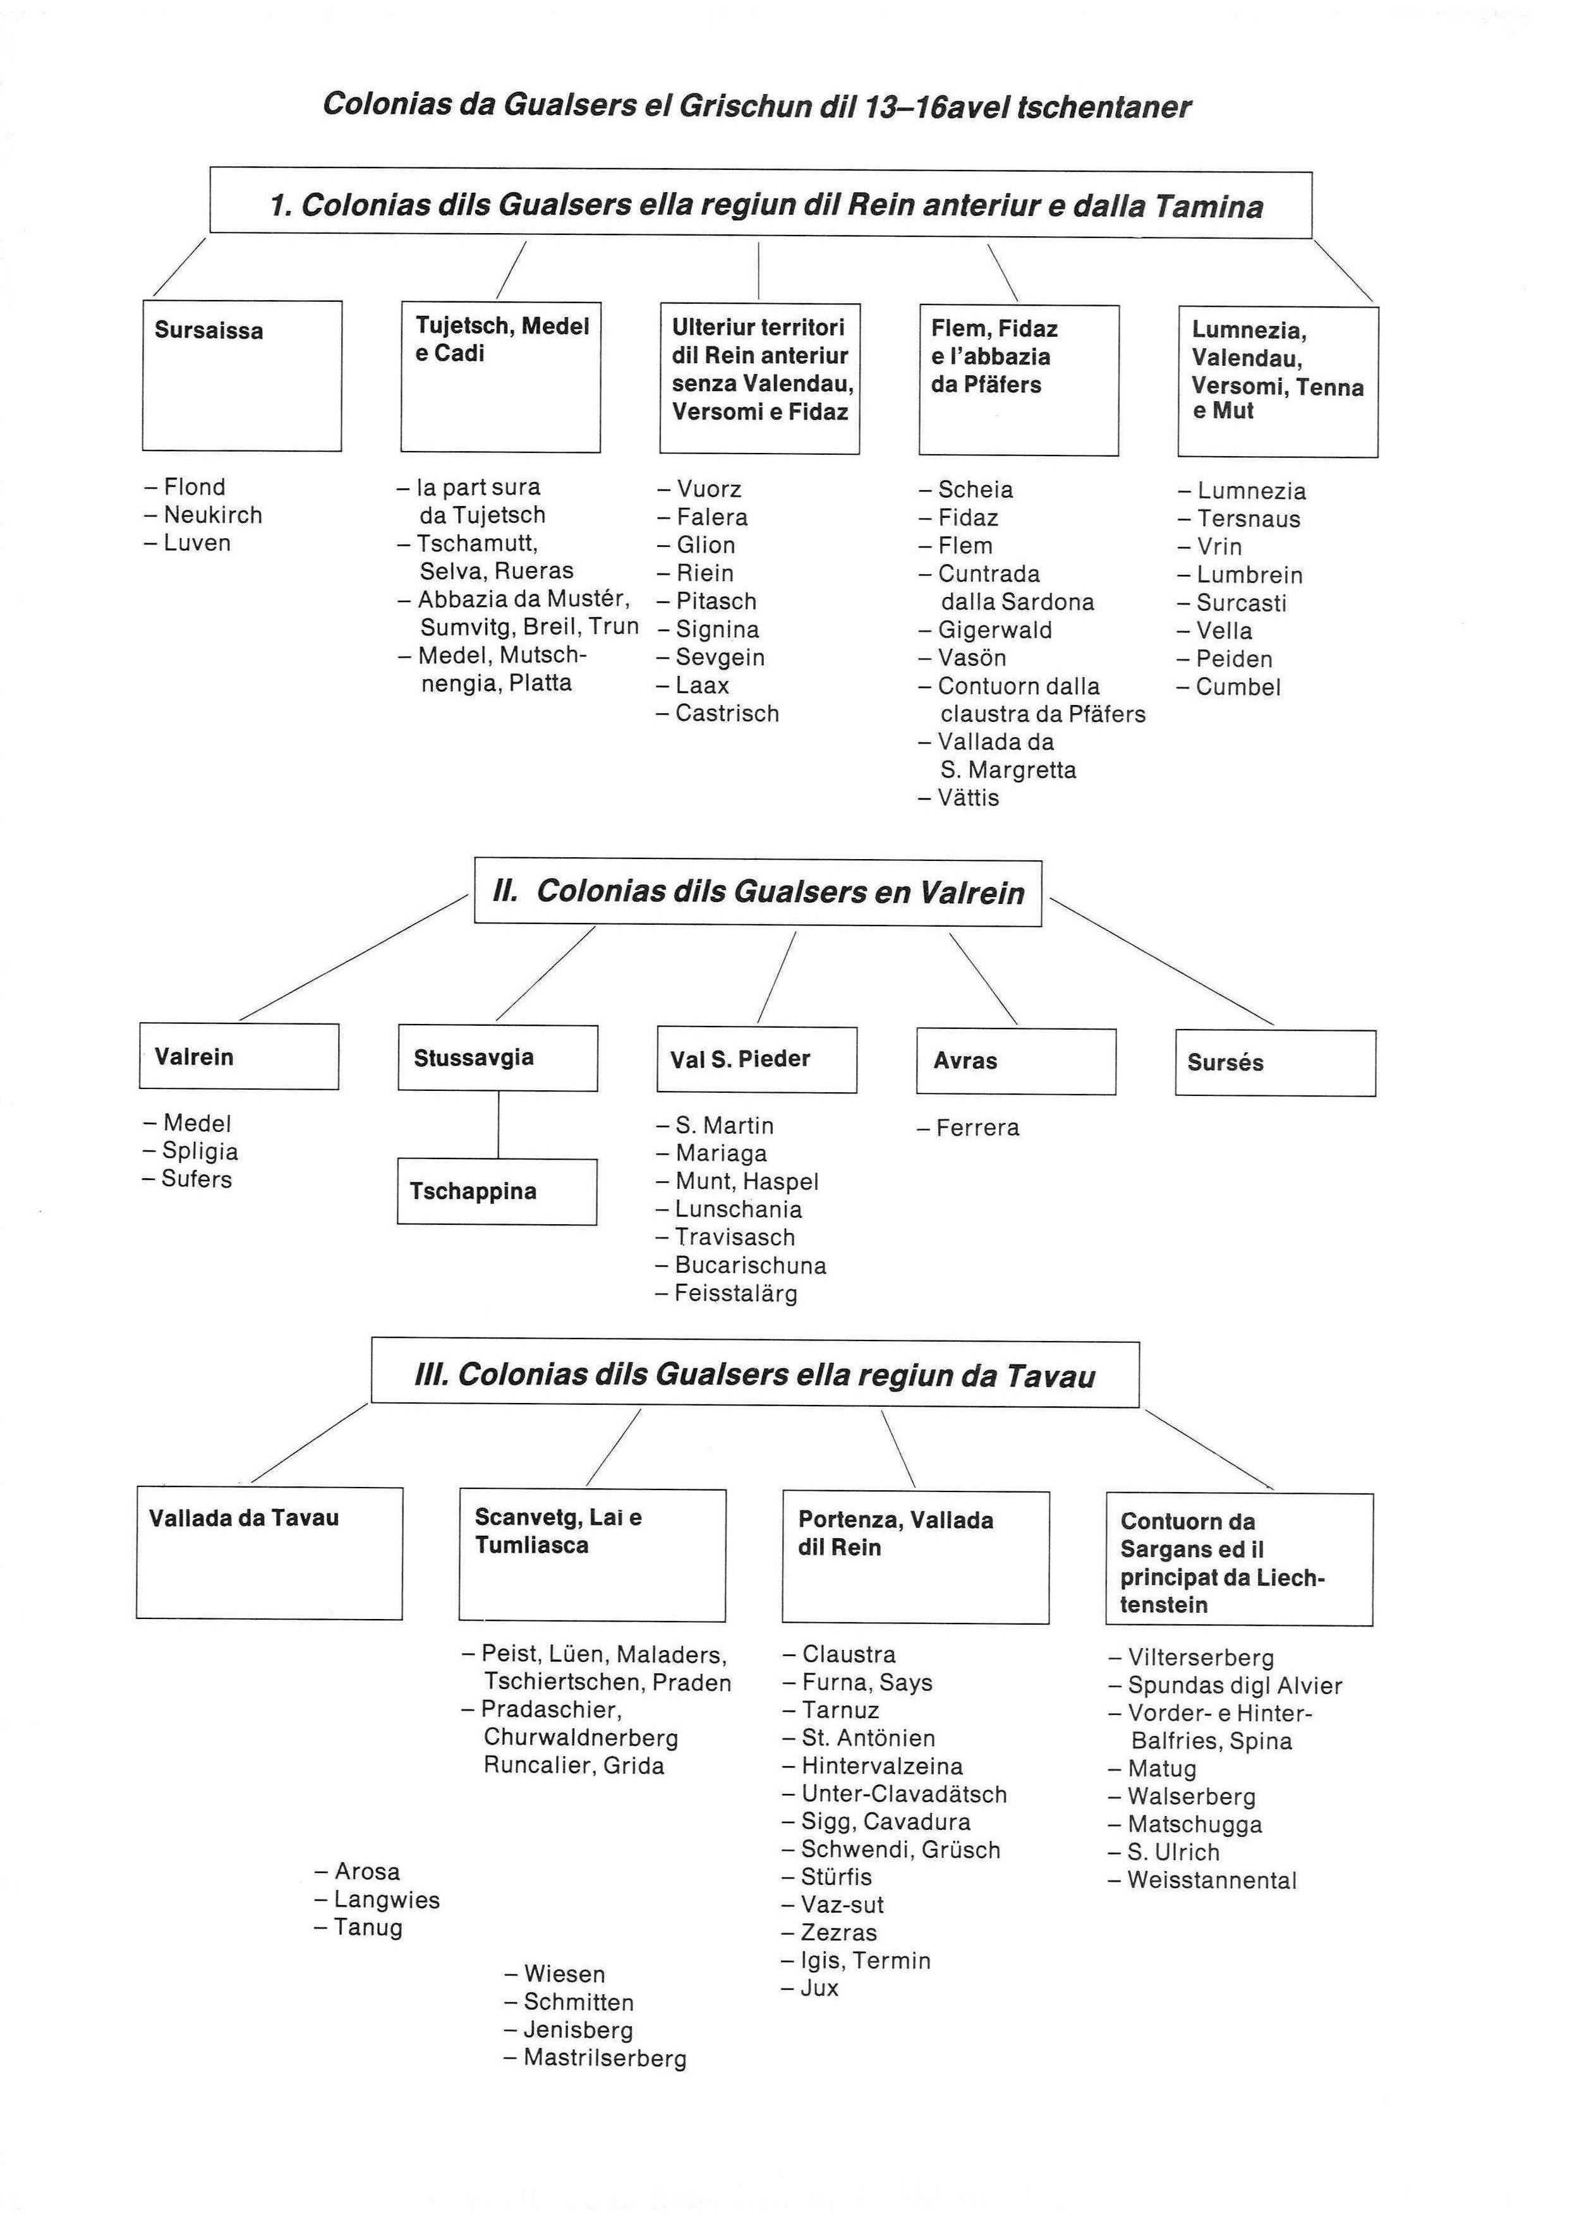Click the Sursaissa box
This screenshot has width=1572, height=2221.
pos(242,375)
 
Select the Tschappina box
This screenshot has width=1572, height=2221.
pos(497,1191)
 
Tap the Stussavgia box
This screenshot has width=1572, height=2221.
pos(497,1058)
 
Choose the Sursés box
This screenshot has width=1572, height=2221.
pos(1275,1062)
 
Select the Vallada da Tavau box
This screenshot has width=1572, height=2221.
pos(269,1553)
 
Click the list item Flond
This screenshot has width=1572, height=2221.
pos(185,487)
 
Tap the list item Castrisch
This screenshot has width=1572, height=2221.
pos(717,713)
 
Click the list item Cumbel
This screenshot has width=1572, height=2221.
pos(1230,687)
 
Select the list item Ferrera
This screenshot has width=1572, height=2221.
pos(968,1128)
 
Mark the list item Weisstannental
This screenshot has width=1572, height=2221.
pos(1202,1881)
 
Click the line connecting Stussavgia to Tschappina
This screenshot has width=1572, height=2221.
pos(499,1124)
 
